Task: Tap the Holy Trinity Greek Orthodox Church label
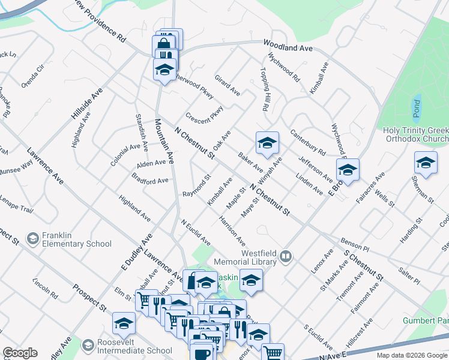point(415,135)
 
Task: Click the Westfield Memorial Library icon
point(287,258)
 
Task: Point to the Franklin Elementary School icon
point(32,239)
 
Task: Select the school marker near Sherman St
point(426,163)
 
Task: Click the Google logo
point(20,353)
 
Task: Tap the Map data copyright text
point(412,355)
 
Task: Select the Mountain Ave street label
point(163,141)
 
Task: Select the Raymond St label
point(197,187)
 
